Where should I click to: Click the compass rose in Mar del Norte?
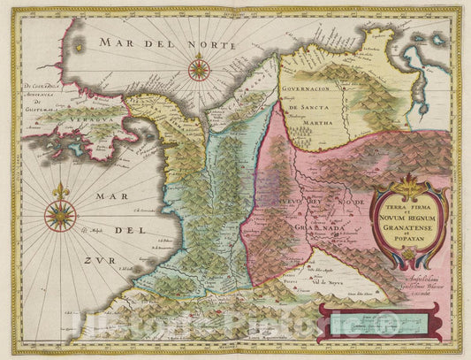click(x=200, y=68)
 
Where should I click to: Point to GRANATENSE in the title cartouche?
click(x=406, y=226)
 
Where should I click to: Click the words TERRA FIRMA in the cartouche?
click(x=406, y=205)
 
